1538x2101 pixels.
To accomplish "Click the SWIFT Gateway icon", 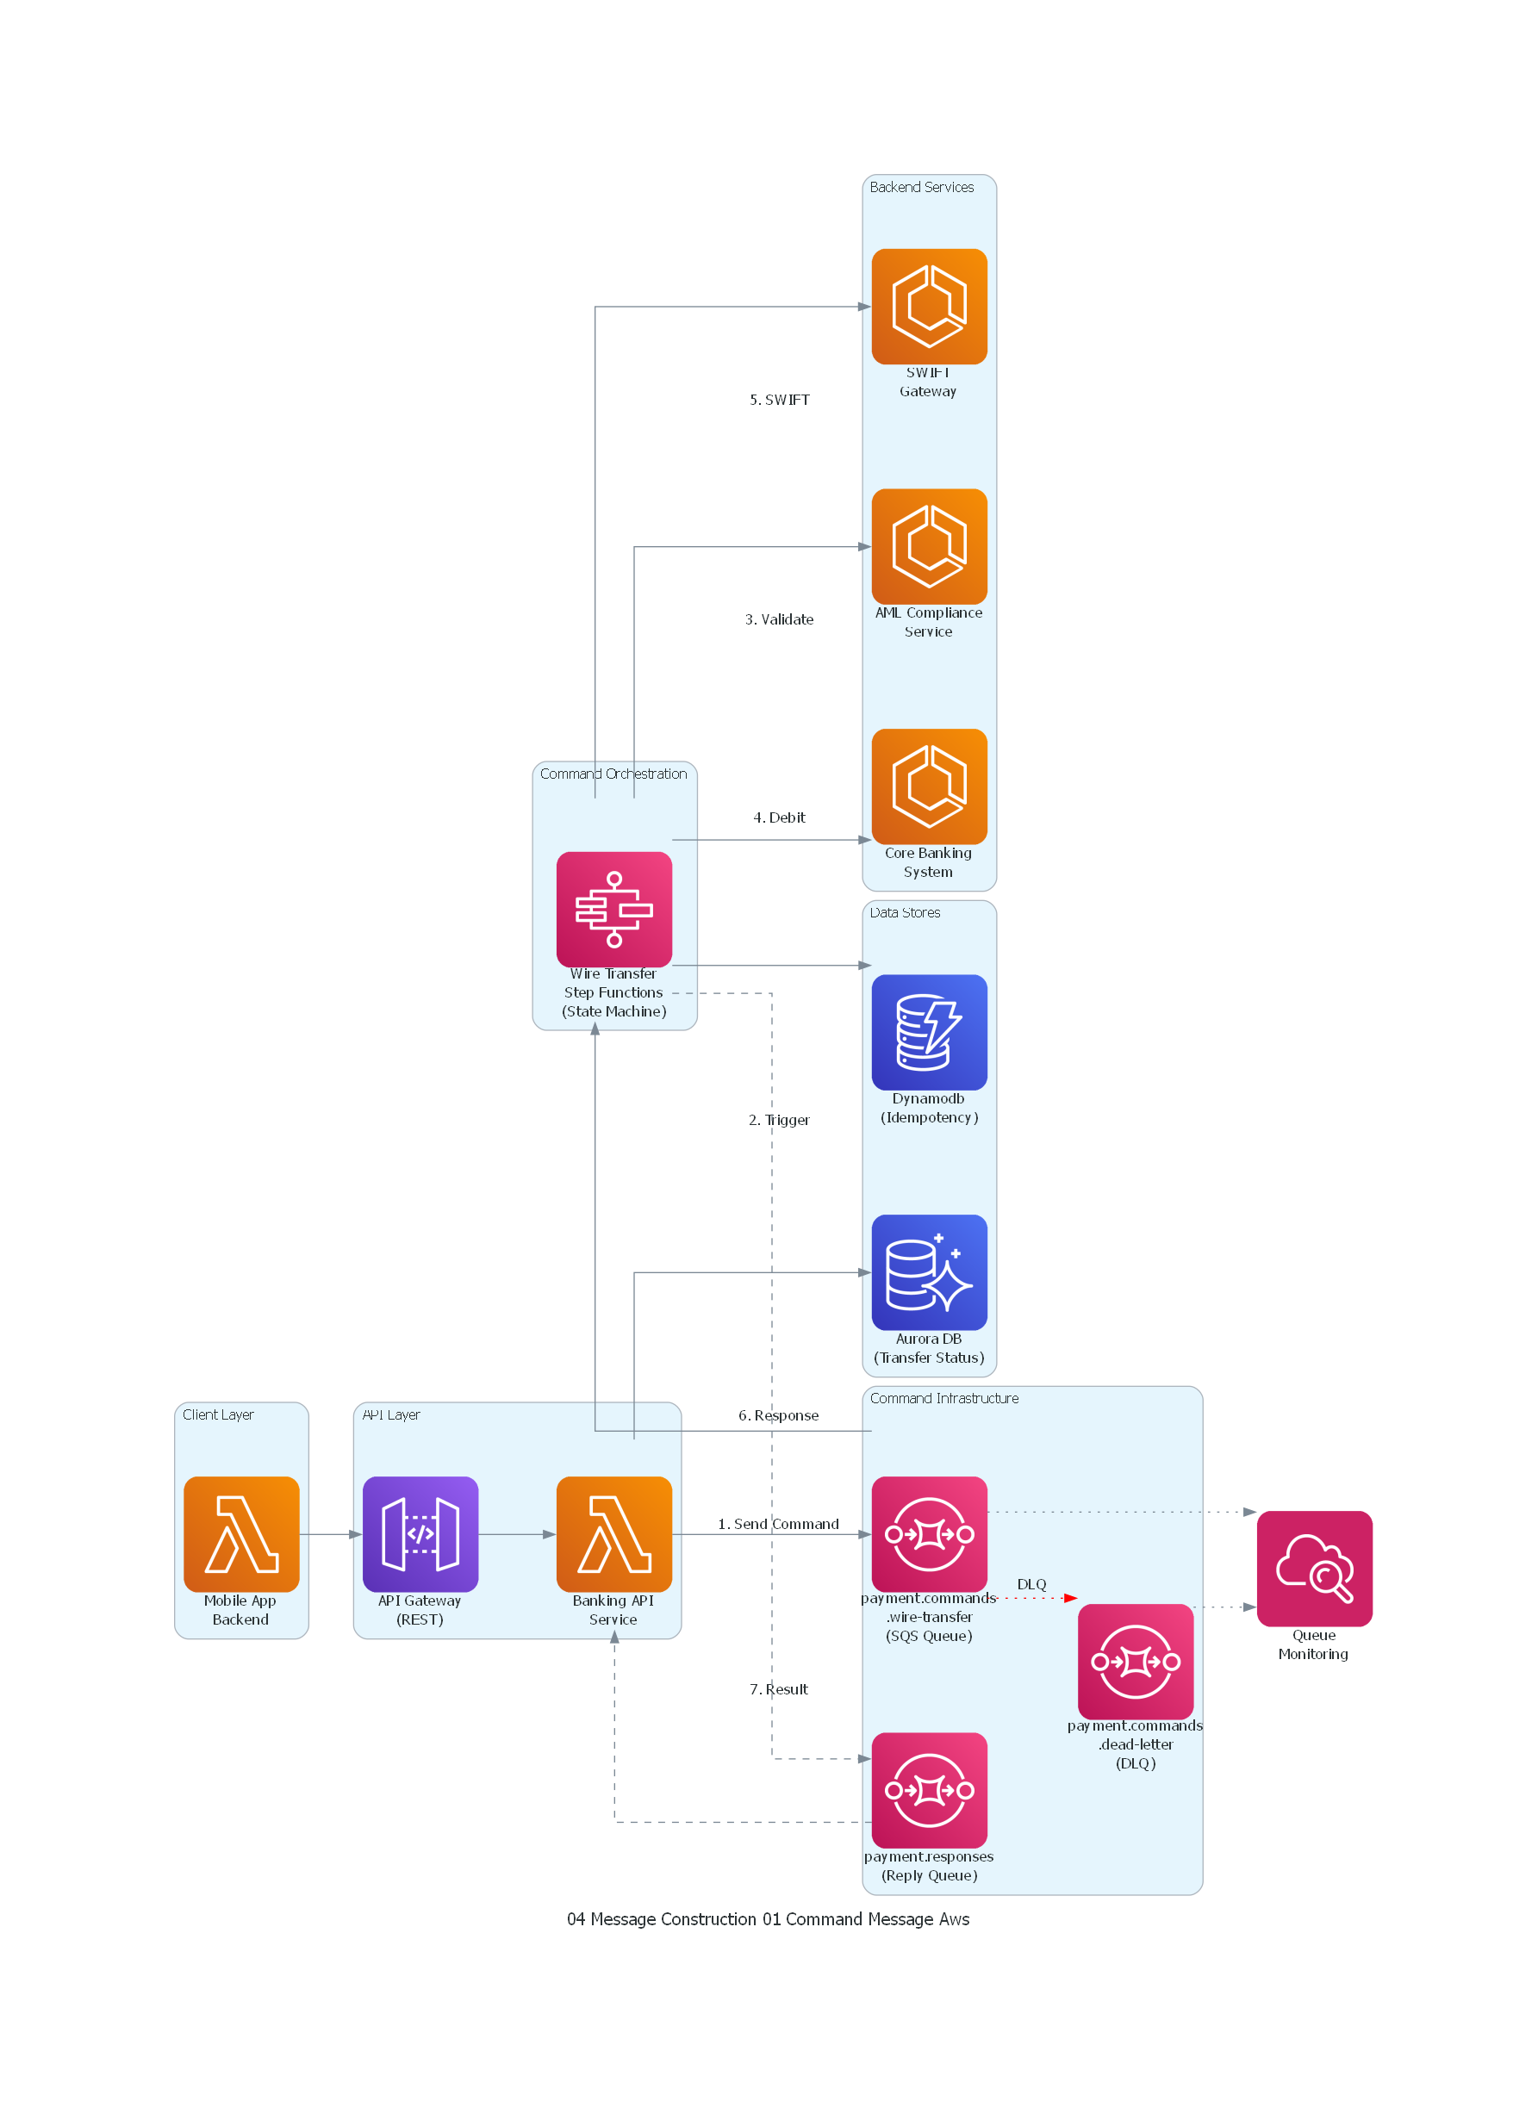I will click(x=928, y=307).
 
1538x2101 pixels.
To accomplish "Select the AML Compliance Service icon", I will click(x=928, y=546).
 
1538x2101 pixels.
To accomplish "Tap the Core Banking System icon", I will click(x=928, y=786).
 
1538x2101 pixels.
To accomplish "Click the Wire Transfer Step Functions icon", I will click(x=613, y=910).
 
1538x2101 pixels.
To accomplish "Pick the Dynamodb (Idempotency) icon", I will click(x=928, y=1032).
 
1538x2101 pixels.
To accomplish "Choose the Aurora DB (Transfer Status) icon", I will click(x=928, y=1272).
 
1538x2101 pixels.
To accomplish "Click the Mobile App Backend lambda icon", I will click(x=241, y=1534).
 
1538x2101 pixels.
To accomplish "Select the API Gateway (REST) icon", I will click(x=420, y=1534).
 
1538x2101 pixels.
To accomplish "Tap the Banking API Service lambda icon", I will click(x=613, y=1534).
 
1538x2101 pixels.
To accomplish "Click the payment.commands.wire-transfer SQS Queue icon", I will click(x=928, y=1534).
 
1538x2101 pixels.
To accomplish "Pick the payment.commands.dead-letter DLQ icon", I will click(x=1135, y=1662).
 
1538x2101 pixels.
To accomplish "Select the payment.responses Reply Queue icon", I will click(x=928, y=1790).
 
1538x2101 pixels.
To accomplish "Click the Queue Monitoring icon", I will click(x=1314, y=1569).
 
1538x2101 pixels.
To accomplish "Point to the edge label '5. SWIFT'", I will click(x=779, y=401).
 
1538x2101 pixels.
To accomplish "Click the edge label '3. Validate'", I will click(x=778, y=620).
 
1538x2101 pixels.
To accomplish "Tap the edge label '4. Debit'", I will click(x=778, y=818).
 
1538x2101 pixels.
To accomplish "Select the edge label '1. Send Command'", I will click(x=777, y=1525).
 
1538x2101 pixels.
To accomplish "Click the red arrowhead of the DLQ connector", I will click(x=1071, y=1598).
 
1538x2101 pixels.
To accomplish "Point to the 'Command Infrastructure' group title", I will click(x=943, y=1398).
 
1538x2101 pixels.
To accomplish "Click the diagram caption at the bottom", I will click(x=768, y=1919).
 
